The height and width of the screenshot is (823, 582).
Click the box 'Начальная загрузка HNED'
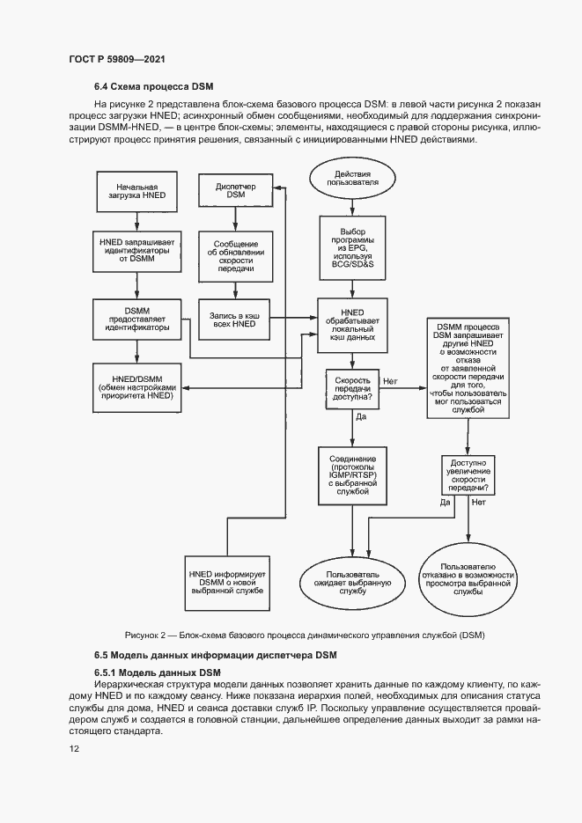(x=137, y=191)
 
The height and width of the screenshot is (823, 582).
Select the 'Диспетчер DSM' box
(x=235, y=190)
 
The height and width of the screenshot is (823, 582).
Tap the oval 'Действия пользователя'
(x=352, y=179)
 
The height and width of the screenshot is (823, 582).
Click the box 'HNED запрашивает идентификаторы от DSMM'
(x=137, y=251)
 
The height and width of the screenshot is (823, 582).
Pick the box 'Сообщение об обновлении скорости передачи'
(x=235, y=256)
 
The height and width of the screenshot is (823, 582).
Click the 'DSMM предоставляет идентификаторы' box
(x=137, y=320)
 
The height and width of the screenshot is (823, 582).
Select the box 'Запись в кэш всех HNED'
(x=234, y=320)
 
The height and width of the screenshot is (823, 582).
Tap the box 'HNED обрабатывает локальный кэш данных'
(x=352, y=325)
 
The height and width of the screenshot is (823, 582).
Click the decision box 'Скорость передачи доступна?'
(x=351, y=389)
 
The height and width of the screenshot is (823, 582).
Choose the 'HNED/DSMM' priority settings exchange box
(x=137, y=387)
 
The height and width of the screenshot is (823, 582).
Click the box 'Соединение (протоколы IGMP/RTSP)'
(x=352, y=475)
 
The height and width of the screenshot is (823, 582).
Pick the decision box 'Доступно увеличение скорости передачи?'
(x=468, y=475)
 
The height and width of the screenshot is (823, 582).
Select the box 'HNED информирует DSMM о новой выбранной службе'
(x=227, y=583)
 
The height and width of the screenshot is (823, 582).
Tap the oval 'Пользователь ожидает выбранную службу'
(x=352, y=583)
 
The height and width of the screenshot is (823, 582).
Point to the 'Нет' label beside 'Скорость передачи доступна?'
(x=390, y=382)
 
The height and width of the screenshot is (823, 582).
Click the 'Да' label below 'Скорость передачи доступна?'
(x=360, y=417)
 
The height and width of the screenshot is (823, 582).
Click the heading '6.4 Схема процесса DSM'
(x=153, y=86)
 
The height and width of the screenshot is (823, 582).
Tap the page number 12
(x=73, y=748)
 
